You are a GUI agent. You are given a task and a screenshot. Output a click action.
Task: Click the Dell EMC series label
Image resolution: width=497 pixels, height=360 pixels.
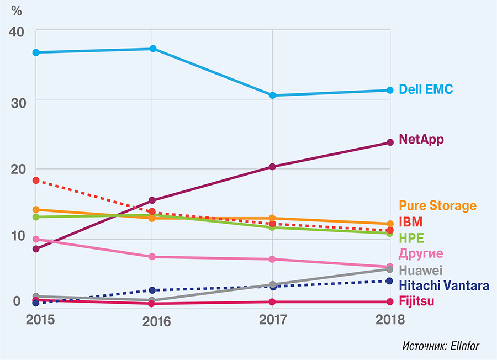click(426, 89)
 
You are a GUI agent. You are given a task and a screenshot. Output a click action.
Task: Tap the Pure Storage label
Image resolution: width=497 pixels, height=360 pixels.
click(437, 206)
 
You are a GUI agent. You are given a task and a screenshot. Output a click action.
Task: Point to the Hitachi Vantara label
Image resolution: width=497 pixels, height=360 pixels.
click(444, 285)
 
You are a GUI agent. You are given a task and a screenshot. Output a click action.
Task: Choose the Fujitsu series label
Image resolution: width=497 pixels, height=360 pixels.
click(416, 301)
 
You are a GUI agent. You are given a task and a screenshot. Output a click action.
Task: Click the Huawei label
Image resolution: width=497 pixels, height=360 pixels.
click(421, 271)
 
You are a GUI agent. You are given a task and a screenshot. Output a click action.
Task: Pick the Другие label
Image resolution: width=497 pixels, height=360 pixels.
click(421, 254)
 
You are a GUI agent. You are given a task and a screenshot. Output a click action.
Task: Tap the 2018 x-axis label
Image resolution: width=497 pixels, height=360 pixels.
click(390, 320)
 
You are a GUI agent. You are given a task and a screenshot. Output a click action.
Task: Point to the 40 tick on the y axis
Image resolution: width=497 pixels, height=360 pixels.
click(16, 33)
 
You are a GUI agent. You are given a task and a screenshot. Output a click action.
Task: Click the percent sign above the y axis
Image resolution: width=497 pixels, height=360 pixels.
click(17, 10)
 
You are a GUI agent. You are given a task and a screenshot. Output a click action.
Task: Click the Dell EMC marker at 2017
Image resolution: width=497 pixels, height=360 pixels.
click(272, 96)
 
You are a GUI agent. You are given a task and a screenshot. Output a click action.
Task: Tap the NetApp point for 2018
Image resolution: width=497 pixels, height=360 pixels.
click(390, 142)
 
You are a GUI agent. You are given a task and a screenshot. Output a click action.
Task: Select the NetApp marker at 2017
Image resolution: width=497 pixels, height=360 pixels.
click(272, 167)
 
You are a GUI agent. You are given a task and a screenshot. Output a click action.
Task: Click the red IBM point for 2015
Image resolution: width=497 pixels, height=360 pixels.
click(36, 181)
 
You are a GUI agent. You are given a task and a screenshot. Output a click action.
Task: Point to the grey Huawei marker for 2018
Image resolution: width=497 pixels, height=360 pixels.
click(390, 269)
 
